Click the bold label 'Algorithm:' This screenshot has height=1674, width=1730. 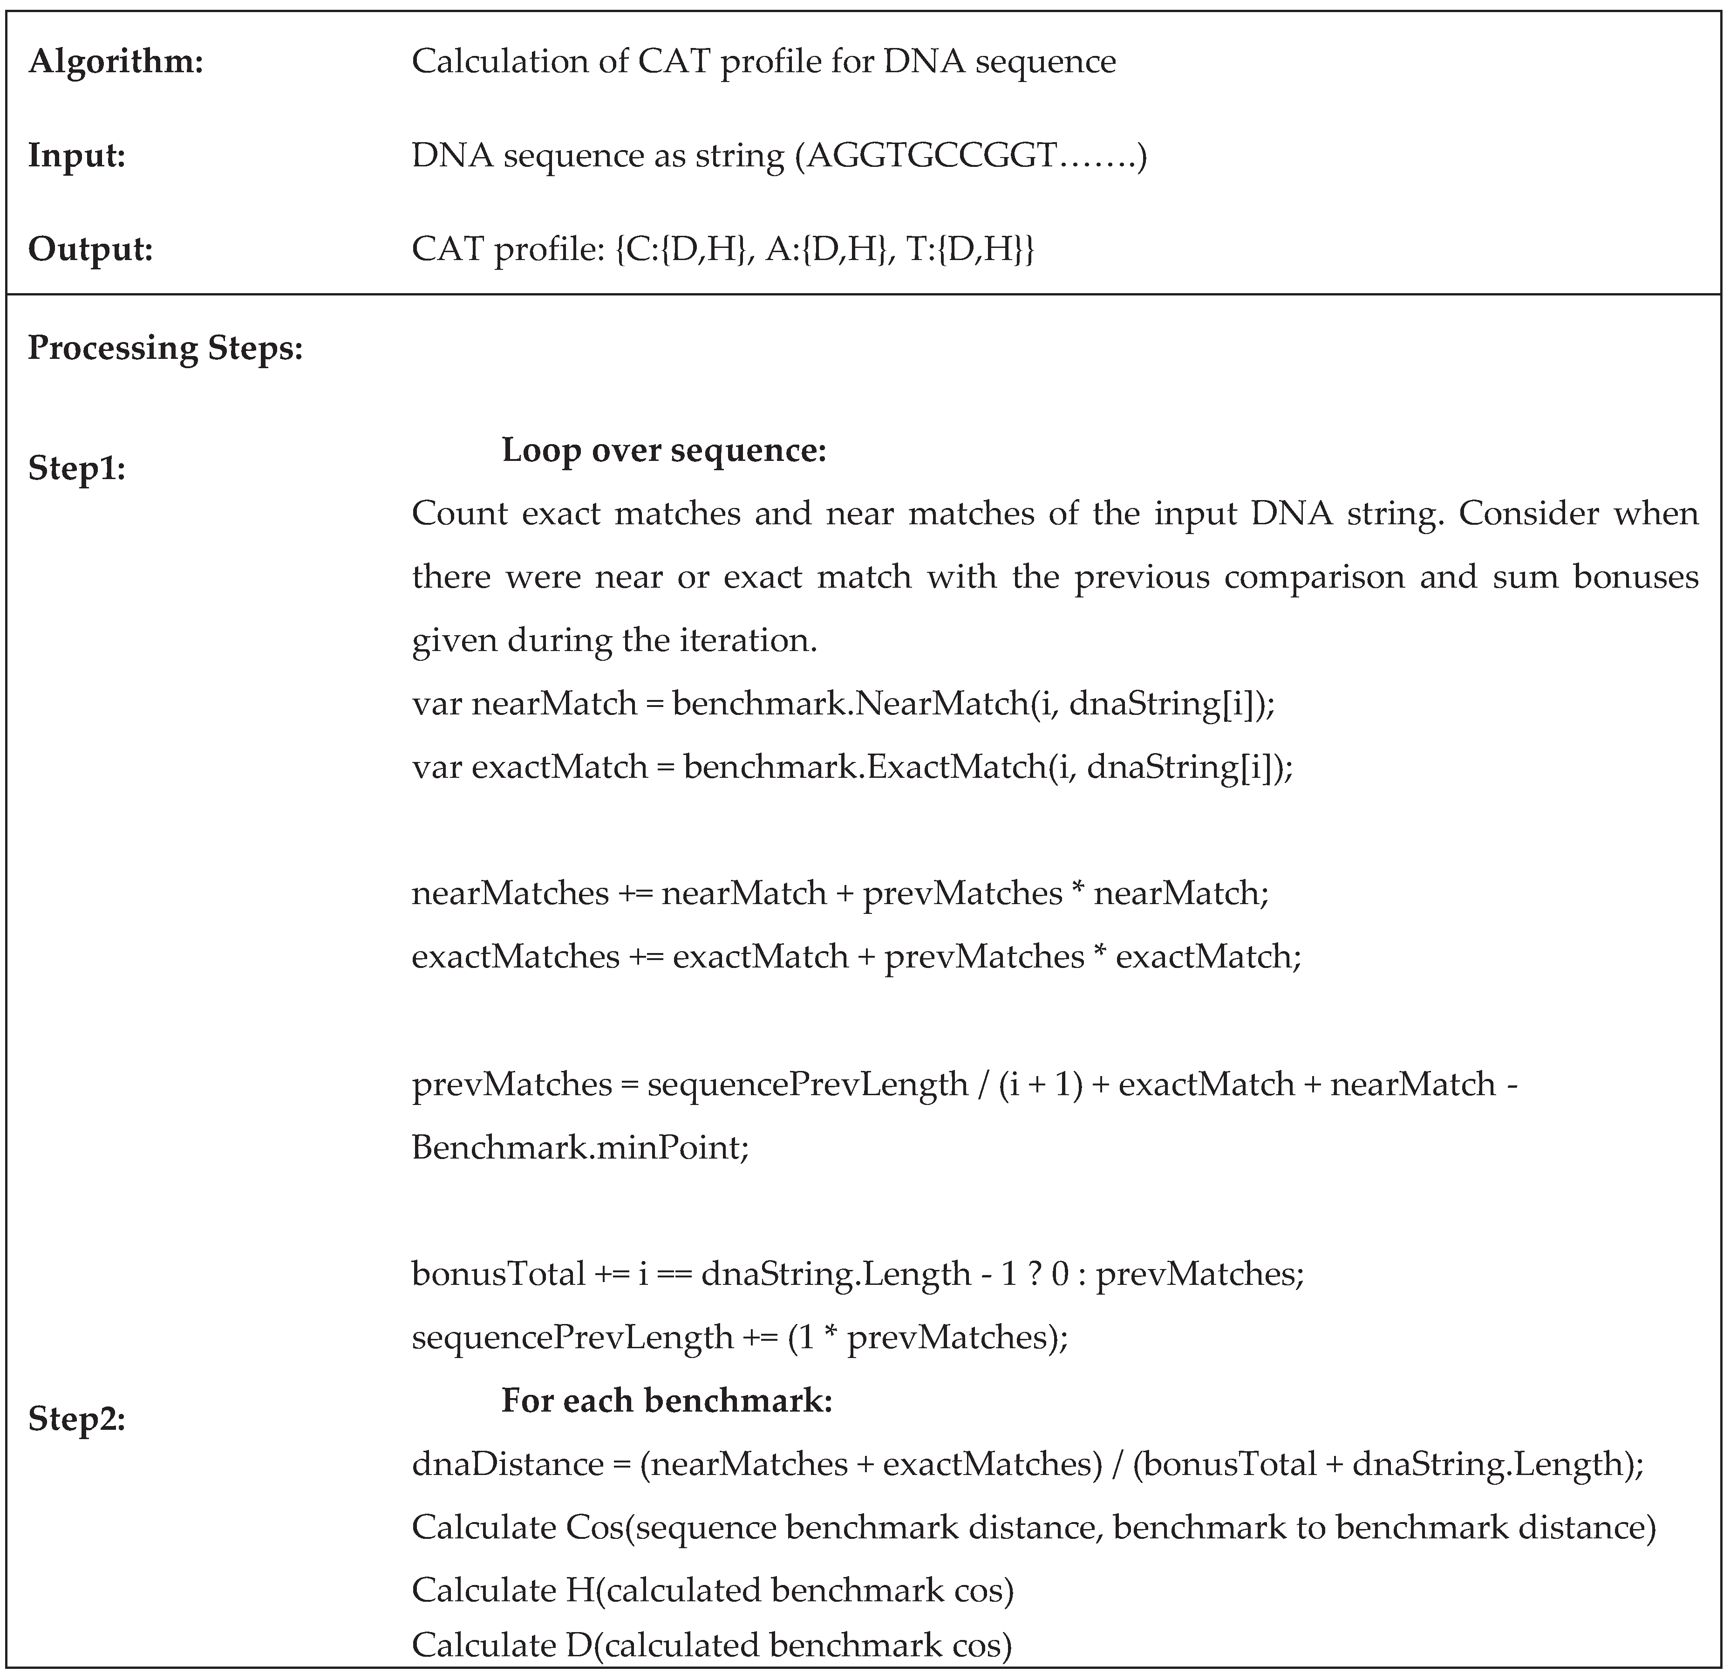[116, 62]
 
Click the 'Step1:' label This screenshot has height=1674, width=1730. [77, 468]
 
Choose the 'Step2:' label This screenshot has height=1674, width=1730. [77, 1419]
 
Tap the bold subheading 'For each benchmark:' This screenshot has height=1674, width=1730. [667, 1400]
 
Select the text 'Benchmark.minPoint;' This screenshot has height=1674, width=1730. [580, 1148]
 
